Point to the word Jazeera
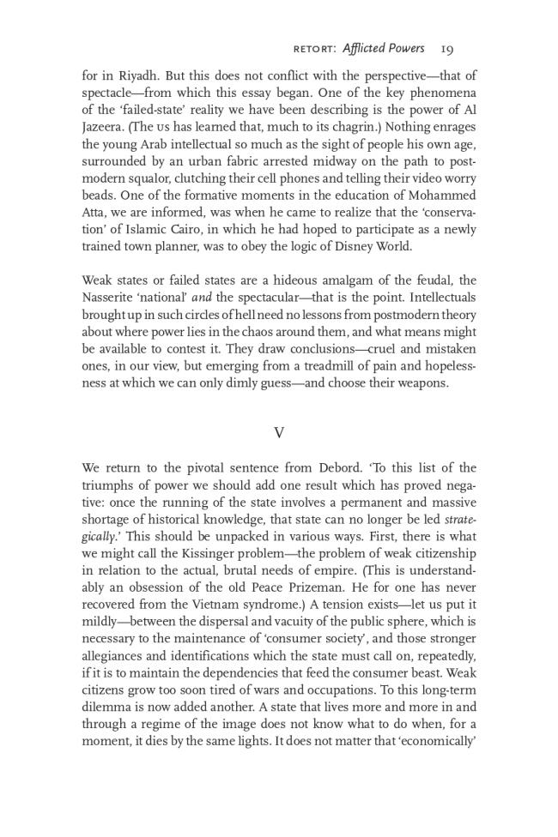point(106,128)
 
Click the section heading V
point(279,433)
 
